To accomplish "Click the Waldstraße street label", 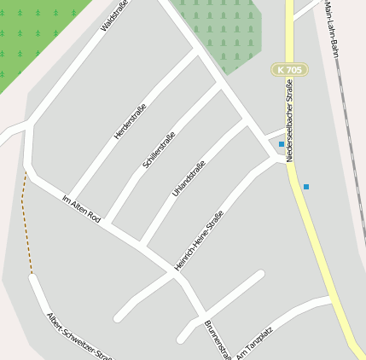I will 112,16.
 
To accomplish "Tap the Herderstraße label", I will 130,121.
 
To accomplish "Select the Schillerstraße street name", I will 160,149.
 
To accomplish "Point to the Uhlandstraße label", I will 189,178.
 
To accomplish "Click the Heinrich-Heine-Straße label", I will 198,241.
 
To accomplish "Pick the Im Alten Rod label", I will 81,209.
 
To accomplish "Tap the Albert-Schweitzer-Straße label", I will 78,336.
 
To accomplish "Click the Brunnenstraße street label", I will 218,340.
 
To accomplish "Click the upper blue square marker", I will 282,144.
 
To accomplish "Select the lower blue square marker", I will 306,186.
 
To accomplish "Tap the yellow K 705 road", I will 316,239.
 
